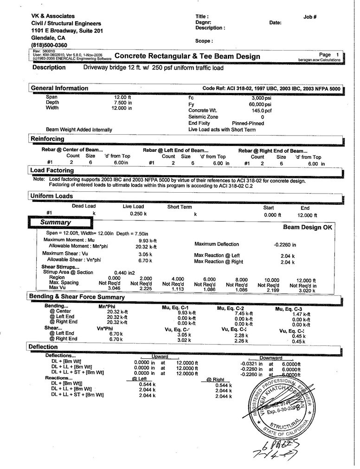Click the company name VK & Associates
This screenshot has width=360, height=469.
click(52, 16)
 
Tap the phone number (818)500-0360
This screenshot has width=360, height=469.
click(49, 45)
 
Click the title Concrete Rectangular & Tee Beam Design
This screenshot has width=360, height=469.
click(187, 56)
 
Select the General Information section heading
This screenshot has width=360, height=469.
click(59, 88)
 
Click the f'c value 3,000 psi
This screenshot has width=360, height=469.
click(261, 98)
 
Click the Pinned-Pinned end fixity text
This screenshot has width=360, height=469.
click(248, 123)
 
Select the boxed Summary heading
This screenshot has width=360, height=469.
click(55, 222)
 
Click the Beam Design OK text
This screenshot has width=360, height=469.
click(308, 228)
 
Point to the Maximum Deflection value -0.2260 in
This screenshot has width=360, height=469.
click(285, 244)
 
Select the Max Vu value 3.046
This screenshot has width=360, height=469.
click(108, 288)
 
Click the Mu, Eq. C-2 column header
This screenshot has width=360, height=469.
click(231, 308)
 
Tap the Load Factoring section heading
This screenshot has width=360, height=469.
click(52, 170)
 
